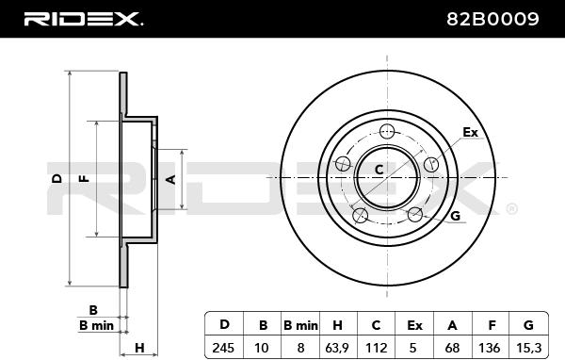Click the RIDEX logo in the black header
pos(84,19)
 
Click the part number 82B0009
pos(492,19)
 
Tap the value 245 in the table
pos(223,348)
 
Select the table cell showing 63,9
pos(337,348)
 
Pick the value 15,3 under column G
pos(528,348)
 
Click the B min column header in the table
pos(300,325)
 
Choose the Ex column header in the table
pos(414,325)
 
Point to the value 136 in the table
pos(489,348)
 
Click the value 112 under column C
pos(376,348)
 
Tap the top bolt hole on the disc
pos(387,131)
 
